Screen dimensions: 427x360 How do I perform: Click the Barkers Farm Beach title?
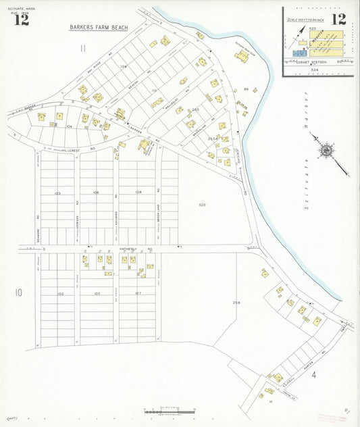99,28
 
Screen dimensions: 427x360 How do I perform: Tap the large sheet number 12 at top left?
21,20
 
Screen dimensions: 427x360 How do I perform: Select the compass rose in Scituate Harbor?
327,150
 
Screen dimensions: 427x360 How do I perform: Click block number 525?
202,204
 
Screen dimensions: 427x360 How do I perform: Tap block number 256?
236,302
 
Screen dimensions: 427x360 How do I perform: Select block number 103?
57,193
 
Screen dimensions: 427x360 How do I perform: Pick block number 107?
138,294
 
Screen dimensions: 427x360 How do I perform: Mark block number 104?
69,126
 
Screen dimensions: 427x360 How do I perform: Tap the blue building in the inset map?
299,52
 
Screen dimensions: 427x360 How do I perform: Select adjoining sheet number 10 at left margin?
19,292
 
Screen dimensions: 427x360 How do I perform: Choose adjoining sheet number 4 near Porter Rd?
313,374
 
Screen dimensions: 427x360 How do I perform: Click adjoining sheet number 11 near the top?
82,48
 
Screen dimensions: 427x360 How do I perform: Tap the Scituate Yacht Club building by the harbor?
241,56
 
